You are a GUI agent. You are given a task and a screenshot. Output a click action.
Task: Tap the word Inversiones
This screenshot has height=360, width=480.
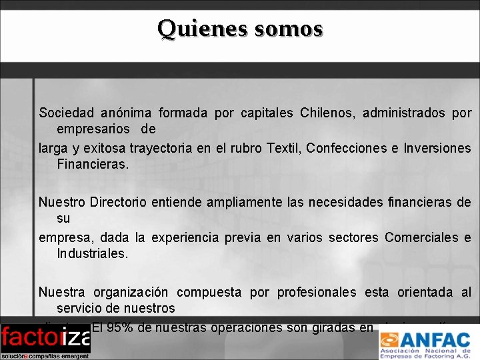click(437, 148)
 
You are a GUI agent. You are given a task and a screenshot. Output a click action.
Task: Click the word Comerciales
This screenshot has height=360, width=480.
click(419, 237)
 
